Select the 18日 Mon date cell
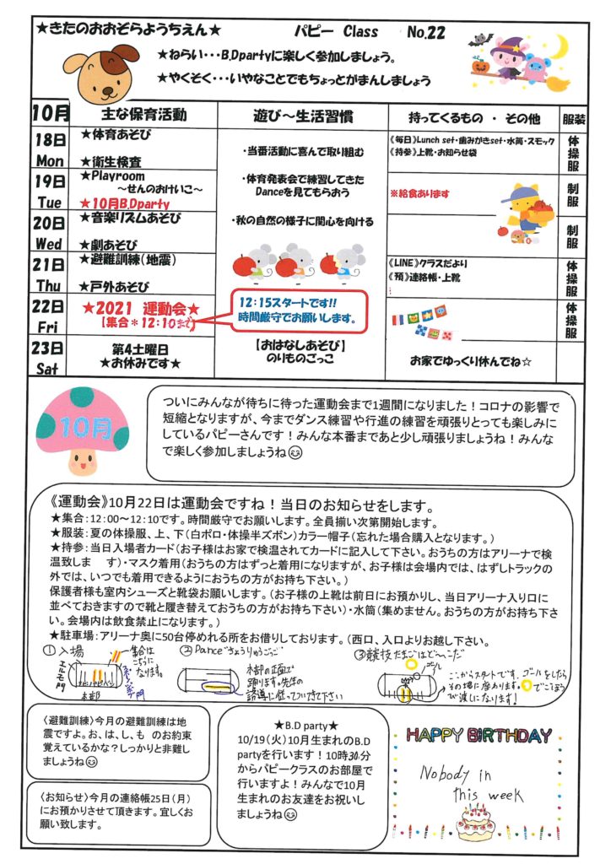coord(51,149)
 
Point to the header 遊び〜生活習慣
coord(300,114)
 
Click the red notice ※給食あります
coord(419,193)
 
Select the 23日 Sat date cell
coord(51,357)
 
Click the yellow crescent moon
coord(578,48)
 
